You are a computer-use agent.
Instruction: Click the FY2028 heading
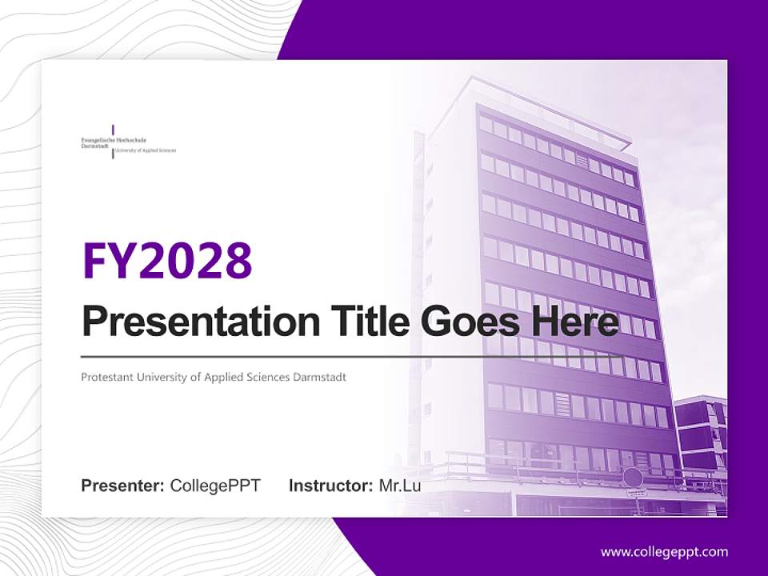pos(167,262)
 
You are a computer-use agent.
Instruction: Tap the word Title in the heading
pos(366,321)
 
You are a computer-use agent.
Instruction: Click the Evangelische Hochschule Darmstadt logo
pos(128,142)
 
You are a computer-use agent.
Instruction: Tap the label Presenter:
pos(123,486)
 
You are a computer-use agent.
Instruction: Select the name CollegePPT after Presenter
pos(215,486)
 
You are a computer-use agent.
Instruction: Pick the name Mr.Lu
pos(400,486)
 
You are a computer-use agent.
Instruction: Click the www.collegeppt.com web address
pos(664,552)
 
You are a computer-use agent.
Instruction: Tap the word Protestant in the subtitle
pos(106,377)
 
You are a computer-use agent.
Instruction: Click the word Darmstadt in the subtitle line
pos(321,377)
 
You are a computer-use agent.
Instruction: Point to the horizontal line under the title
pos(352,356)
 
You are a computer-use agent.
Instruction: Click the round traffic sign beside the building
pos(632,477)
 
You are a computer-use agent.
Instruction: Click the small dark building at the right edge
pos(700,432)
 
